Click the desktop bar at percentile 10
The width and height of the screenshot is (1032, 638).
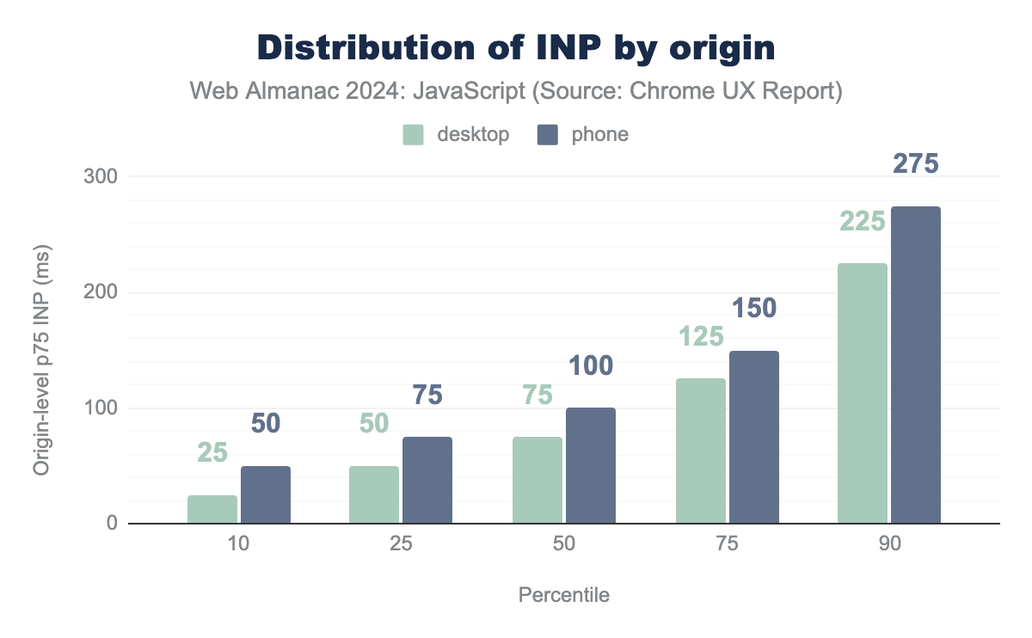pyautogui.click(x=212, y=510)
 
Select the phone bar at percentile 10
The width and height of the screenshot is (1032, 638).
pyautogui.click(x=266, y=495)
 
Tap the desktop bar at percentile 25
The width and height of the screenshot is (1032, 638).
pyautogui.click(x=374, y=495)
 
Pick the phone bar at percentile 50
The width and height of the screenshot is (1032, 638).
pyautogui.click(x=591, y=466)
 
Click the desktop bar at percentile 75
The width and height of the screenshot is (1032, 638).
pyautogui.click(x=701, y=451)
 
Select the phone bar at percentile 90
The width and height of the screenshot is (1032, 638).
pyautogui.click(x=916, y=365)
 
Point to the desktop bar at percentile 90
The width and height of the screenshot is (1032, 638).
pyautogui.click(x=863, y=394)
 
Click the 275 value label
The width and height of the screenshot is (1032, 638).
pyautogui.click(x=915, y=164)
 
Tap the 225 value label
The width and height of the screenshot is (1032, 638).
pyautogui.click(x=862, y=222)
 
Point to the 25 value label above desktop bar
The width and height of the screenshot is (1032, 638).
pyautogui.click(x=212, y=452)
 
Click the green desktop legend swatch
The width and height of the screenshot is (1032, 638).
pyautogui.click(x=414, y=135)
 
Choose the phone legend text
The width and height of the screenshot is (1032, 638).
pyautogui.click(x=599, y=135)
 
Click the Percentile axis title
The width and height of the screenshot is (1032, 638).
pyautogui.click(x=564, y=595)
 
